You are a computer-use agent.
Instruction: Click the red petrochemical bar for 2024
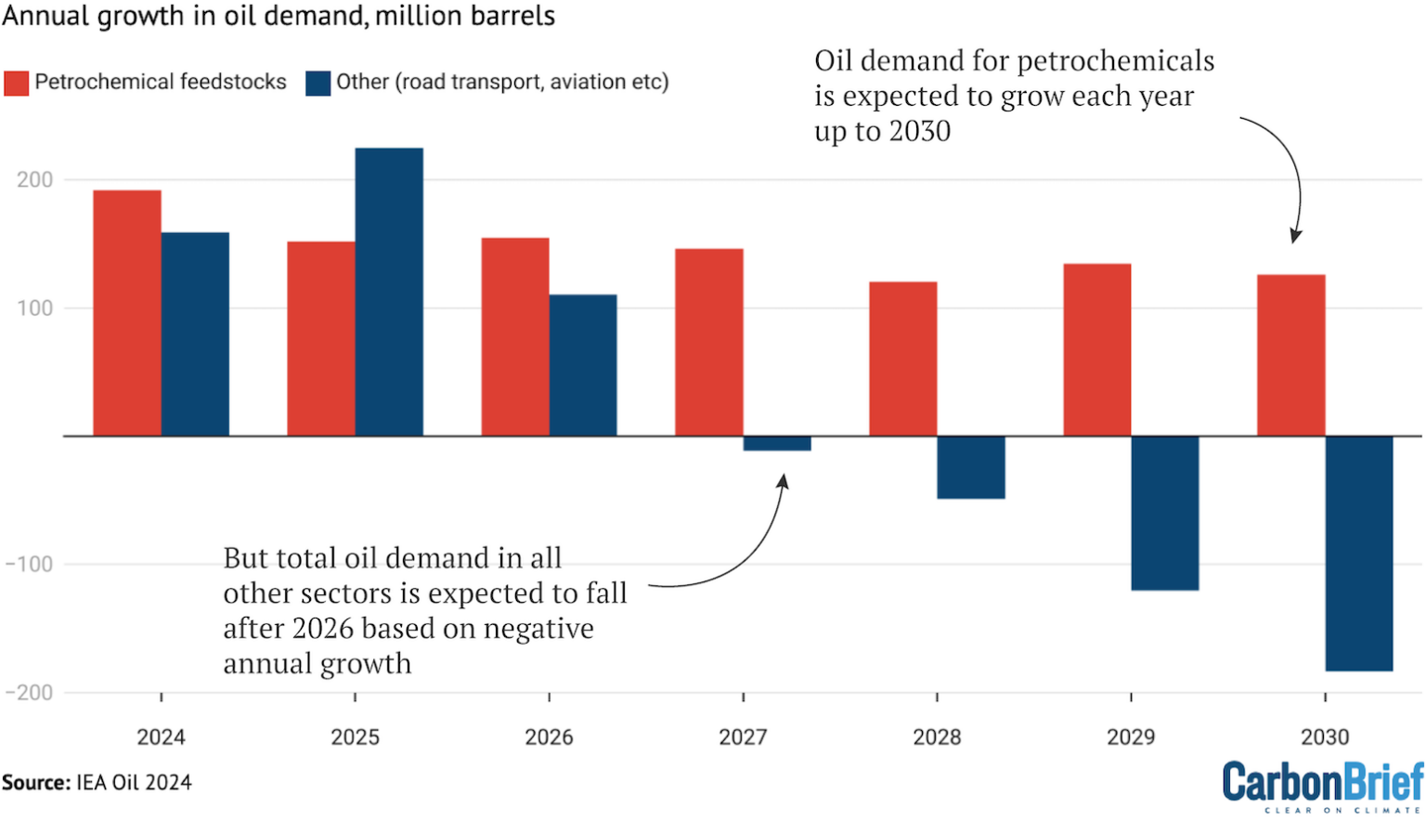click(x=127, y=313)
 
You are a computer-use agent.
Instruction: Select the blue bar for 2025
click(x=389, y=292)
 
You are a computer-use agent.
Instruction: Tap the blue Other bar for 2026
click(x=583, y=365)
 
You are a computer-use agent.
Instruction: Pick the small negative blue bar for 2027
click(x=777, y=444)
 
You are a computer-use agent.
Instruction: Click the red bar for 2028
click(x=902, y=358)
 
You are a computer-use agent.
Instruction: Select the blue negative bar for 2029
click(x=1164, y=513)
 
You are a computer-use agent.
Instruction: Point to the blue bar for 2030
click(x=1358, y=553)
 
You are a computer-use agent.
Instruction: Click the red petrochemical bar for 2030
click(x=1290, y=355)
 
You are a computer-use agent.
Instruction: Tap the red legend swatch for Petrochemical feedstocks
click(x=16, y=83)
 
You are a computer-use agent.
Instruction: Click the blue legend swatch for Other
click(x=318, y=83)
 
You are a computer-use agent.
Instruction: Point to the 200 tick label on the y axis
click(x=35, y=180)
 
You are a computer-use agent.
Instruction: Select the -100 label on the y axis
click(x=30, y=565)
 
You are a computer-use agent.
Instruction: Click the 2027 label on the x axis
click(x=743, y=737)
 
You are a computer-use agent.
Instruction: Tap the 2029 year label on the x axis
click(x=1130, y=737)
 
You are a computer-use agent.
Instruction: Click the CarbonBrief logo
click(x=1322, y=785)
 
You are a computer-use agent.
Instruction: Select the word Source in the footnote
click(x=34, y=783)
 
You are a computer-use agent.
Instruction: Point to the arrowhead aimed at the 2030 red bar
click(x=1295, y=236)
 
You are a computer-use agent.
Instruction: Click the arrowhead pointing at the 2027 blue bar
click(x=783, y=481)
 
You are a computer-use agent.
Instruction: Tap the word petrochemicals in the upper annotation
click(x=1115, y=61)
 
